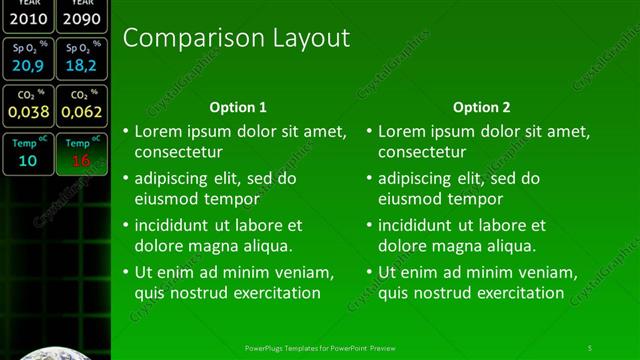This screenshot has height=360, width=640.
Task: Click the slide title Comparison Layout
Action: pyautogui.click(x=236, y=39)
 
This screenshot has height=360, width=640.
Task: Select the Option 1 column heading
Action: pyautogui.click(x=238, y=107)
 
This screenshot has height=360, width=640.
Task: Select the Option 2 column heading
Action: pyautogui.click(x=481, y=107)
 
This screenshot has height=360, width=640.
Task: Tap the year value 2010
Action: pyautogui.click(x=27, y=18)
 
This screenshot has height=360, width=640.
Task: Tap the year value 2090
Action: pyautogui.click(x=81, y=18)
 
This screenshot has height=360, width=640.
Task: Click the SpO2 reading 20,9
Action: pyautogui.click(x=27, y=66)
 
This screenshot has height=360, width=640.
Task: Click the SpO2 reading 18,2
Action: pyautogui.click(x=80, y=66)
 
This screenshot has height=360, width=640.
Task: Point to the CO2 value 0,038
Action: pyautogui.click(x=27, y=112)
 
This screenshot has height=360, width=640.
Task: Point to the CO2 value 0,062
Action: pyautogui.click(x=80, y=112)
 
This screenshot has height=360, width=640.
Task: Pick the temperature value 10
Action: pyautogui.click(x=27, y=160)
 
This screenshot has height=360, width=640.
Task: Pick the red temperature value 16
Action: pyautogui.click(x=80, y=160)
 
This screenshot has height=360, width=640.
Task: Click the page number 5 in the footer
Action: pyautogui.click(x=590, y=347)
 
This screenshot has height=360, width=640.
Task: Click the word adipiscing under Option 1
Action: pyautogui.click(x=174, y=178)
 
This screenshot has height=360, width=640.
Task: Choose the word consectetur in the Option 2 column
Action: pyautogui.click(x=422, y=152)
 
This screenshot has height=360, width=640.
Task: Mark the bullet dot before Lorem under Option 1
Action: pyautogui.click(x=126, y=131)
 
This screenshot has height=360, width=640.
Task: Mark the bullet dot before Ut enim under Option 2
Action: pyautogui.click(x=369, y=272)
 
